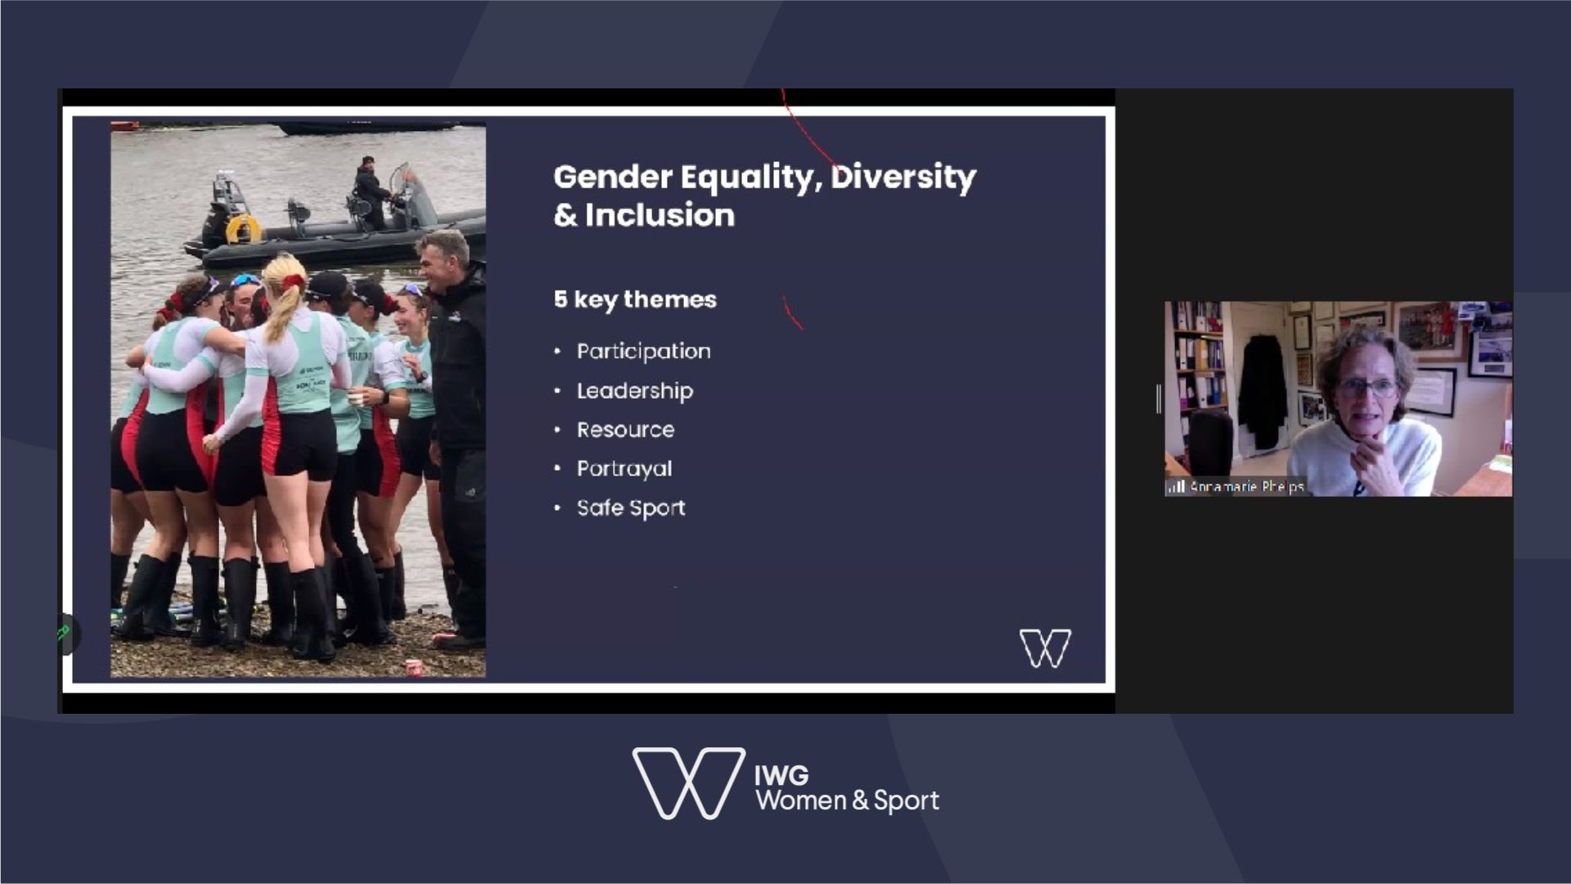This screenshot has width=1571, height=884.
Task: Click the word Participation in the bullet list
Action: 643,352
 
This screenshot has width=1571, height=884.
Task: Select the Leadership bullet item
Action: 635,391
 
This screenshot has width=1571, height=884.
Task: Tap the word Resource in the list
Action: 626,430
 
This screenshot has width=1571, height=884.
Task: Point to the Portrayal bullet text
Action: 624,469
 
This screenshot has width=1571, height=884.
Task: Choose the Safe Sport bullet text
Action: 631,508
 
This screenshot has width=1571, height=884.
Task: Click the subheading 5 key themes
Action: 635,300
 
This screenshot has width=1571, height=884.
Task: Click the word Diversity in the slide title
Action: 903,178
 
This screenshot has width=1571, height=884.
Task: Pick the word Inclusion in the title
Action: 659,215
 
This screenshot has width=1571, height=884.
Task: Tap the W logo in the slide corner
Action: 1045,648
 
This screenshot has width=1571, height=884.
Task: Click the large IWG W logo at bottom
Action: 688,783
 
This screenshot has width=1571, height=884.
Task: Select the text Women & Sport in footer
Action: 847,801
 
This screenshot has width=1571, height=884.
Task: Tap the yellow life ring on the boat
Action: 243,228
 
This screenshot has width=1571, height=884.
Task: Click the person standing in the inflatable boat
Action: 371,192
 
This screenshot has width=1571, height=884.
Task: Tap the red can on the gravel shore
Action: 415,669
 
